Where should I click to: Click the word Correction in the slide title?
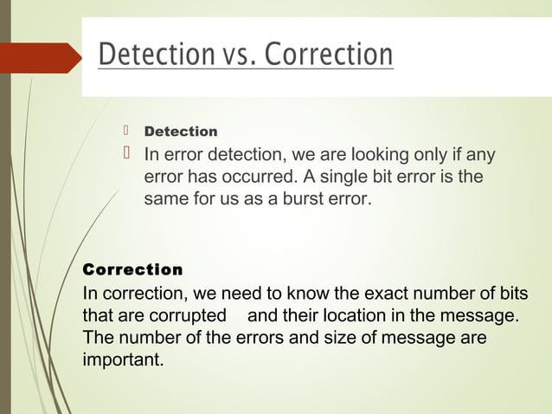pyautogui.click(x=328, y=55)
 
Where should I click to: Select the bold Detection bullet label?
pyautogui.click(x=180, y=132)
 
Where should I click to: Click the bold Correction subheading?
pyautogui.click(x=132, y=269)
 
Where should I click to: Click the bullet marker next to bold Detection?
pyautogui.click(x=125, y=131)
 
